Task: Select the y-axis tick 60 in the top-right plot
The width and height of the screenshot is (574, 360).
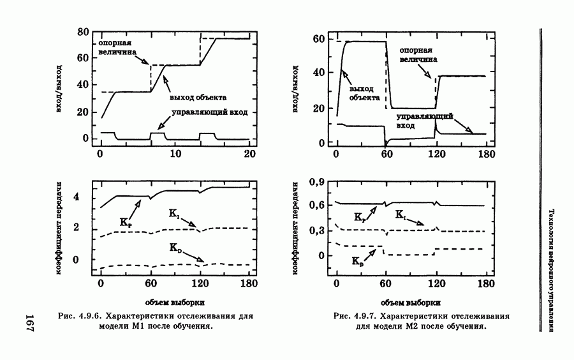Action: coord(316,39)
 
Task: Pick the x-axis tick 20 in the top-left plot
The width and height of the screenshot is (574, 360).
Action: coord(250,155)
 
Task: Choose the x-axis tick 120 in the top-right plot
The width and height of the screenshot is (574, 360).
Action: coord(436,155)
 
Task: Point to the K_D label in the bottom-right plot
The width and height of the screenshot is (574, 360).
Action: coord(358,260)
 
